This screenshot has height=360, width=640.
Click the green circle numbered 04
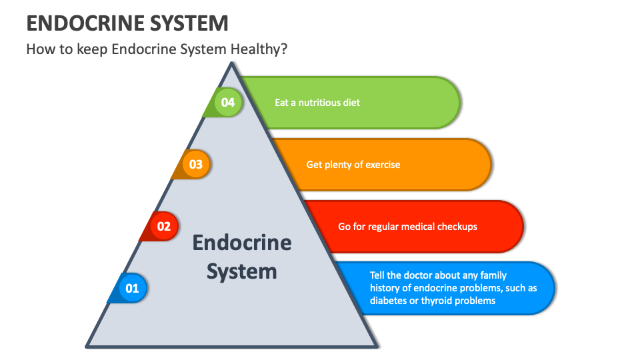[228, 103]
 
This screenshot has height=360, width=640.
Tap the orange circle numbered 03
[195, 164]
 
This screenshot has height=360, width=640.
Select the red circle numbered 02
[163, 226]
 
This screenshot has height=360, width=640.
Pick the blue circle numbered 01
[132, 288]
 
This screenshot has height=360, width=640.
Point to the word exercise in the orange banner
[379, 164]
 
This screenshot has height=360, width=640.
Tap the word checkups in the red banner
[456, 226]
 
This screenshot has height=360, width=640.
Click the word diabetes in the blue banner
[390, 301]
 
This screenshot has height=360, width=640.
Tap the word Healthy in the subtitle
[262, 49]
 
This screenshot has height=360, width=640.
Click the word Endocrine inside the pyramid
[241, 242]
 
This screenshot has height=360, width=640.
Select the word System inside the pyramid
[241, 271]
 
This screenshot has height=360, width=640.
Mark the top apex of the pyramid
[231, 63]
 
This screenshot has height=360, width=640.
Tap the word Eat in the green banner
[283, 103]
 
